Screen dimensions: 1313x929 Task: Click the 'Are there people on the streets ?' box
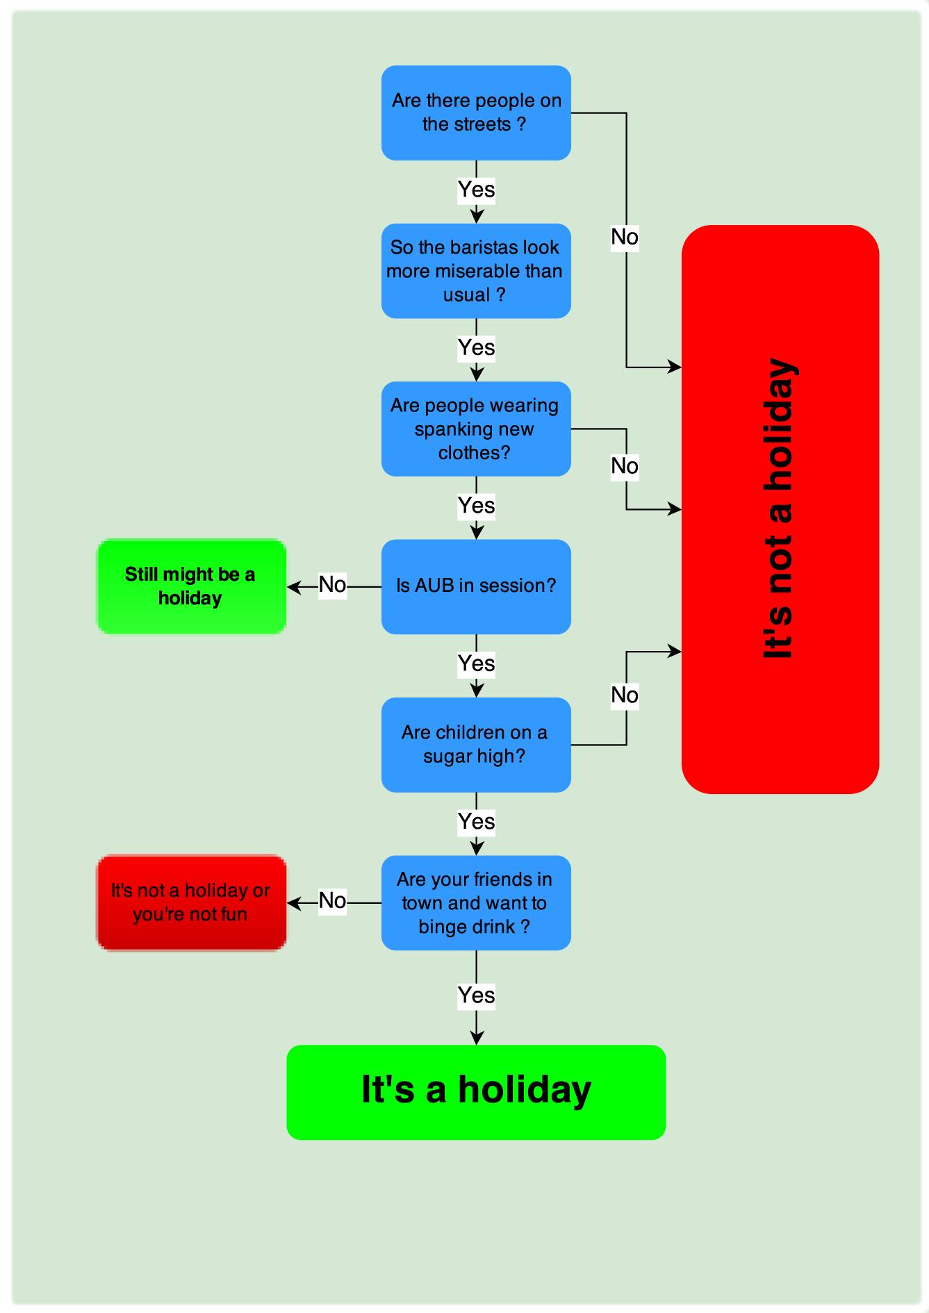click(x=476, y=113)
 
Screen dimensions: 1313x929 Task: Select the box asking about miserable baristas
click(x=476, y=271)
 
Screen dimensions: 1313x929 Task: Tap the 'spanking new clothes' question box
click(x=476, y=429)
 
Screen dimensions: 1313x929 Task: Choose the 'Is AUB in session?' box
click(x=476, y=586)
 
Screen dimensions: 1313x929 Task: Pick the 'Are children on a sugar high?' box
click(x=476, y=744)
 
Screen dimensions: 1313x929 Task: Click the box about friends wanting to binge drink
click(x=476, y=902)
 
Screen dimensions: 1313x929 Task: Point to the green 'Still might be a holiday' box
click(x=191, y=586)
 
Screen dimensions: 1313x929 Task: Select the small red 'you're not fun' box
click(x=191, y=902)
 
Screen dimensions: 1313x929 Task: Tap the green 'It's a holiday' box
click(x=476, y=1092)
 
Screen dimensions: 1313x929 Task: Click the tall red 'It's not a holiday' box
click(x=780, y=509)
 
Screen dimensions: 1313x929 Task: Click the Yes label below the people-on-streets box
click(x=476, y=190)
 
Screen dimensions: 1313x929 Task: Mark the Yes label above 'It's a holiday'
click(x=476, y=996)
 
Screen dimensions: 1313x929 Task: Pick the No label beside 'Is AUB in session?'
click(x=332, y=585)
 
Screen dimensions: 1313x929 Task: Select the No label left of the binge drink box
click(x=332, y=901)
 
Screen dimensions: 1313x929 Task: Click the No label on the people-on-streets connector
click(x=625, y=238)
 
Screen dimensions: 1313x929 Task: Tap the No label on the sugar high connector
click(x=625, y=695)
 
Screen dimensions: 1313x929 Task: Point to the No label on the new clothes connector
click(x=625, y=466)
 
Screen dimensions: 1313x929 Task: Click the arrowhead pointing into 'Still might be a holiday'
click(x=293, y=587)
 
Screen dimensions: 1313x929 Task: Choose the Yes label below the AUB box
click(x=476, y=664)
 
